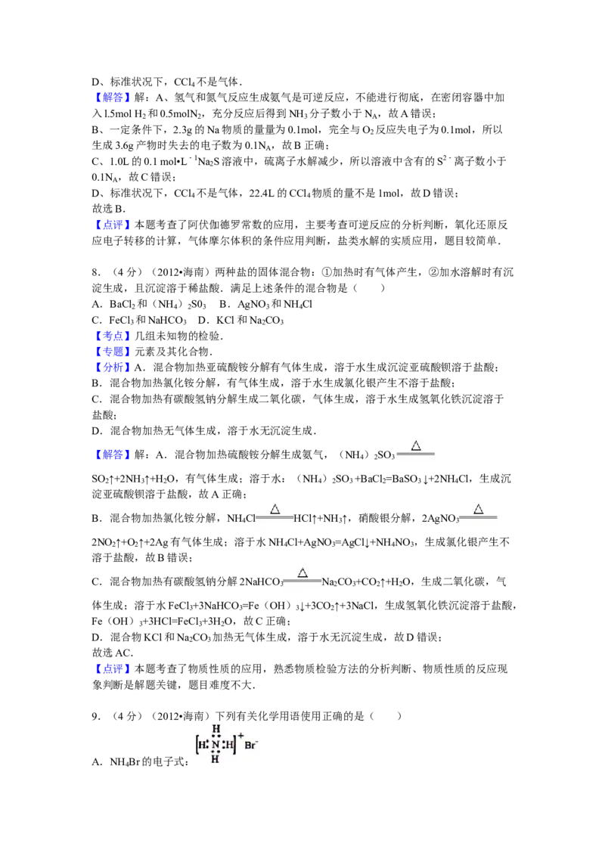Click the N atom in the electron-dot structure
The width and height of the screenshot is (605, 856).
(216, 745)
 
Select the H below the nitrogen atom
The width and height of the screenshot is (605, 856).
(216, 758)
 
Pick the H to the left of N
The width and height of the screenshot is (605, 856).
(202, 745)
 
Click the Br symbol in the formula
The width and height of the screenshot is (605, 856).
(250, 746)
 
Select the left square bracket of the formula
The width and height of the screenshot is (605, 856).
(197, 745)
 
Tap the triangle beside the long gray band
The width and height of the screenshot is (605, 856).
(415, 446)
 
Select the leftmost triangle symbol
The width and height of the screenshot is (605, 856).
(275, 509)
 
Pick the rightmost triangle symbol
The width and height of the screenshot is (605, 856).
(478, 509)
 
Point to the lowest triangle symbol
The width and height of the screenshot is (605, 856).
(302, 572)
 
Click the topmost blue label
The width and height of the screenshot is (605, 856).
(112, 98)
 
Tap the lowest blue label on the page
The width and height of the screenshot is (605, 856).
(112, 669)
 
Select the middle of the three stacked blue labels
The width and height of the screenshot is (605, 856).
(113, 352)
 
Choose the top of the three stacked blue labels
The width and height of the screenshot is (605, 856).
(113, 336)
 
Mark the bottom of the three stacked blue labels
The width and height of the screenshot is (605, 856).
(113, 368)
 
